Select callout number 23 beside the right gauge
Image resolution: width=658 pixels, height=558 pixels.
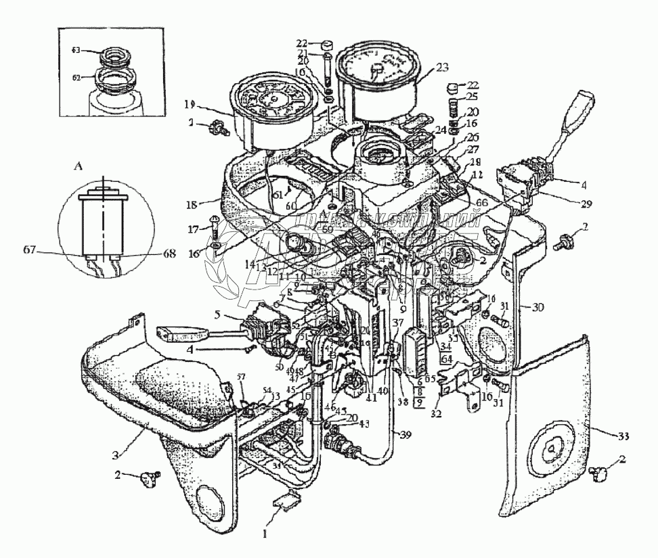click(442, 68)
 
